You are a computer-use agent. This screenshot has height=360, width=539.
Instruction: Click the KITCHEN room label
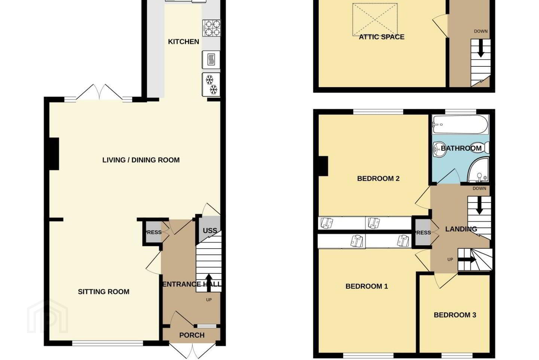point(183,42)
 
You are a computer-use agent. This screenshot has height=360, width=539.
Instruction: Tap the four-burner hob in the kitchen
point(211,28)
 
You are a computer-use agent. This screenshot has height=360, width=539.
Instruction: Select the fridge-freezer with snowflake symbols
point(211,85)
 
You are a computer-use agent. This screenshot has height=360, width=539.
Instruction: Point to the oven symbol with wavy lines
point(211,60)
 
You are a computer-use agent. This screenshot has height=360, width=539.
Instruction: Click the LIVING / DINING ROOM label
point(141,160)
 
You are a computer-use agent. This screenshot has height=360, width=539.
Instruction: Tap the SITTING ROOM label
point(104,292)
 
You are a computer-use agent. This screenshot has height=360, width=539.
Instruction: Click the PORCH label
point(192,335)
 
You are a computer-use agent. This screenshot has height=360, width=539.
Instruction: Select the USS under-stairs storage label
point(210,231)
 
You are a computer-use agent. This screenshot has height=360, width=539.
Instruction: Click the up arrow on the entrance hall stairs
point(209,283)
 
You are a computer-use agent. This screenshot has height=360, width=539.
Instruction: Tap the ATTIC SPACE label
point(382,37)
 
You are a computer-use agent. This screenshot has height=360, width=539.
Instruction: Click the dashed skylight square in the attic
point(375,19)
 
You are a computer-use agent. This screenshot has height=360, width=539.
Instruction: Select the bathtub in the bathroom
point(460,124)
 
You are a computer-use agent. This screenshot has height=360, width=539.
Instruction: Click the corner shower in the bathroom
point(478,170)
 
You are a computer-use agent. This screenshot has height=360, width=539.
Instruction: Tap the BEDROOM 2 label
point(378,178)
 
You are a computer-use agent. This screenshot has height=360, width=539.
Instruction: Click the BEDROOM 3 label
point(455,315)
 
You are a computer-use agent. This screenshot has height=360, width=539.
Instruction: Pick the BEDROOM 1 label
point(367,286)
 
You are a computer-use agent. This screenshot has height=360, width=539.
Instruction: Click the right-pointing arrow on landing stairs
point(467,260)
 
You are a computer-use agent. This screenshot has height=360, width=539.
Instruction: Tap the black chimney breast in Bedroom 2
point(323,166)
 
